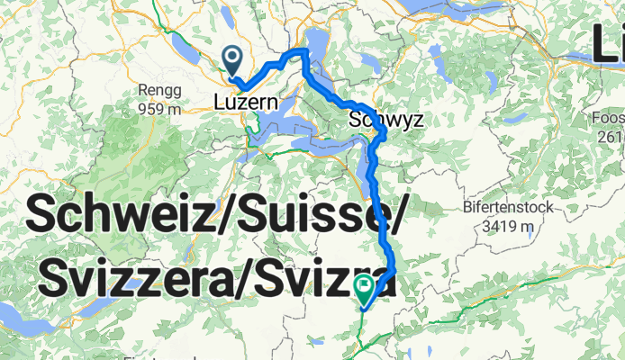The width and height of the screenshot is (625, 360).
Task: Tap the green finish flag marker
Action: click(365, 290)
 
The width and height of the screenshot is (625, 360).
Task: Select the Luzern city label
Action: click(244, 103)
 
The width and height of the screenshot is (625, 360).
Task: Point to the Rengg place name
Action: click(160, 91)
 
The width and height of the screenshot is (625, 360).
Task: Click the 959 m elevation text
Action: click(160, 108)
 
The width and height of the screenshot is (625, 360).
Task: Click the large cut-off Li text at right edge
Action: click(608, 42)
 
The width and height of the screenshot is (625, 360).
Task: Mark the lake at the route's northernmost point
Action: click(317, 40)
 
